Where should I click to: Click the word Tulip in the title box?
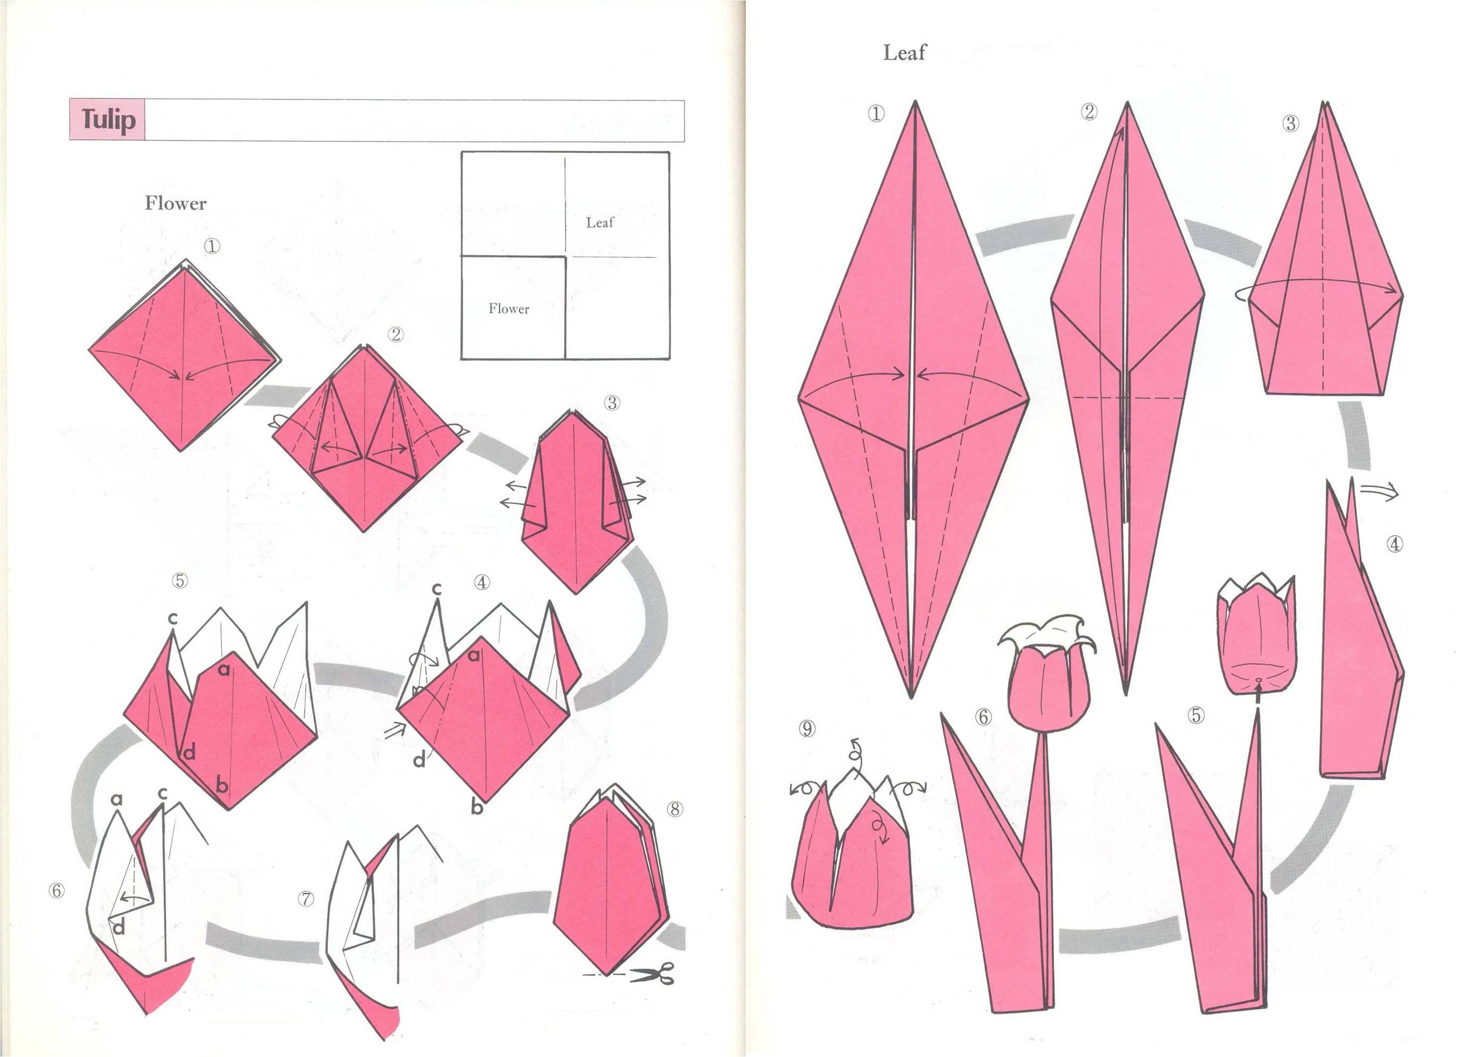108,120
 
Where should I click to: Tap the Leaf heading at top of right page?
904,52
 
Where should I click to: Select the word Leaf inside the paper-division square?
600,222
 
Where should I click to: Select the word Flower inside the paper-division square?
509,309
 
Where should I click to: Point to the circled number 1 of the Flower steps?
211,246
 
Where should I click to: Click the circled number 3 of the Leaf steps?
1290,123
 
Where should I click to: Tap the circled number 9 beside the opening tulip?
807,728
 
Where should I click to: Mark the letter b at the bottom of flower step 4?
476,806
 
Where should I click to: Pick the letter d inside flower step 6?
119,927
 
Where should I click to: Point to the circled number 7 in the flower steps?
306,899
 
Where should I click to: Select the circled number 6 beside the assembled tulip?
983,716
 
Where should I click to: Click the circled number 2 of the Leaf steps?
1089,111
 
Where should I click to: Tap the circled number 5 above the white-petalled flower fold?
179,580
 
